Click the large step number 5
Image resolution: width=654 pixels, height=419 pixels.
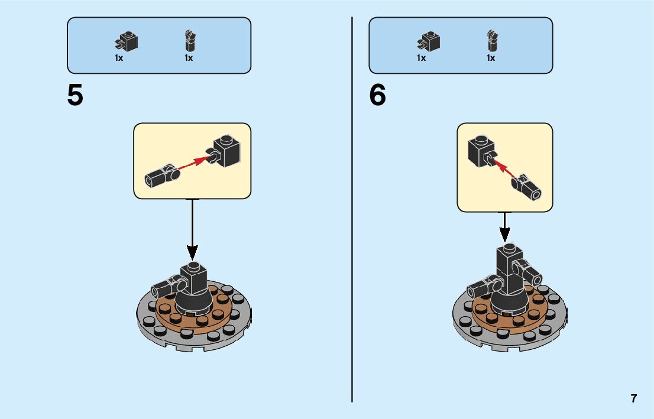click(75, 96)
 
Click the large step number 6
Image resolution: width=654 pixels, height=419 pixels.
click(377, 96)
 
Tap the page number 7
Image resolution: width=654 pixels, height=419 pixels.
click(634, 398)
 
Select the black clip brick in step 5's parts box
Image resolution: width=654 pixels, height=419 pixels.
click(126, 41)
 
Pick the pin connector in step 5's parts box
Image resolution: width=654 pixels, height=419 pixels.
click(189, 41)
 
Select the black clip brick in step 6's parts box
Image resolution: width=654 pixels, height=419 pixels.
click(429, 41)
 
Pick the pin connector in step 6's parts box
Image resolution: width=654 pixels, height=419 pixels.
click(491, 40)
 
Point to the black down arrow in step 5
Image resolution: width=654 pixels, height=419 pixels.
click(192, 230)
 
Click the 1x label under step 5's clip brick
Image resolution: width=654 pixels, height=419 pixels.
click(119, 58)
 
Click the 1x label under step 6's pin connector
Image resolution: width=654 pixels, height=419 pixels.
click(491, 58)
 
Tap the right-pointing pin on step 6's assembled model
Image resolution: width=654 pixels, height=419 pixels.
click(532, 274)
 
